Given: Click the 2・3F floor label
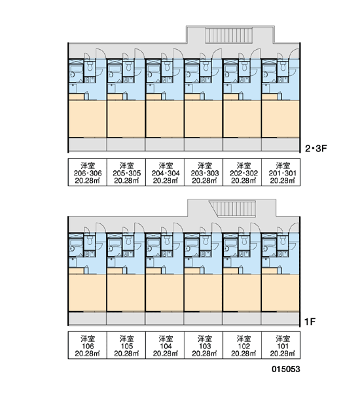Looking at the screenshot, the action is click(x=316, y=149).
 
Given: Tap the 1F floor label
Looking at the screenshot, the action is click(x=310, y=322).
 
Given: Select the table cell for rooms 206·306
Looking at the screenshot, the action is click(x=88, y=172).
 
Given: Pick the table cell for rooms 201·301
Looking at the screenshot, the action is click(x=281, y=172).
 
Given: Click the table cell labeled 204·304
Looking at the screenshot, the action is click(x=165, y=172).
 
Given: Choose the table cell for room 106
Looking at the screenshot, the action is click(x=88, y=345).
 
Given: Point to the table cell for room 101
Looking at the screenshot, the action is click(x=281, y=345).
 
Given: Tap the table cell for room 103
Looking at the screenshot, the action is click(x=204, y=345).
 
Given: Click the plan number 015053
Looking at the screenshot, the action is click(x=286, y=369).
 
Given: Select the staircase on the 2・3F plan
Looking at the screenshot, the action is click(x=228, y=35).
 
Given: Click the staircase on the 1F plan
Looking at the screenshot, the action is click(x=232, y=208).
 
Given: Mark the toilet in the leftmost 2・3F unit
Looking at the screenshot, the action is click(x=90, y=67).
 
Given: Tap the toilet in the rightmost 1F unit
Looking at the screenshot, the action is click(x=283, y=240).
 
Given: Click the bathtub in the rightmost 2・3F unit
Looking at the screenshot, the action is click(x=269, y=71).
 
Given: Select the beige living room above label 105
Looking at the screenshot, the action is click(x=126, y=293).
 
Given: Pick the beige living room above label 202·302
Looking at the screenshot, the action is click(x=242, y=119).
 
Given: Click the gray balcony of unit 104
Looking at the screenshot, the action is click(x=165, y=319).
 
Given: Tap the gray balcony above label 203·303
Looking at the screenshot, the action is click(x=204, y=145).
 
